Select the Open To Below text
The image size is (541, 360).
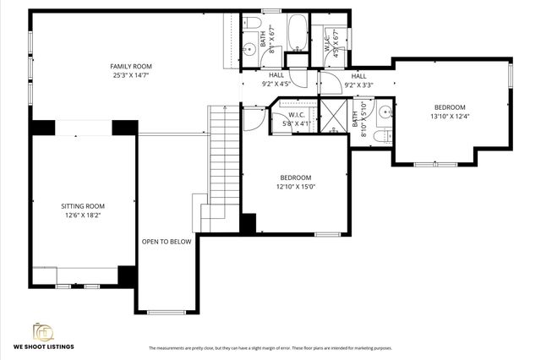[x=167, y=242]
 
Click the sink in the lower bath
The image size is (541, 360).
[x=384, y=111]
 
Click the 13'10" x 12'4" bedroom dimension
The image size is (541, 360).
[x=449, y=117]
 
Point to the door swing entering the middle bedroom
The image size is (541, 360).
[x=253, y=118]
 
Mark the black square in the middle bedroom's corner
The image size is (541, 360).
[x=248, y=224]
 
